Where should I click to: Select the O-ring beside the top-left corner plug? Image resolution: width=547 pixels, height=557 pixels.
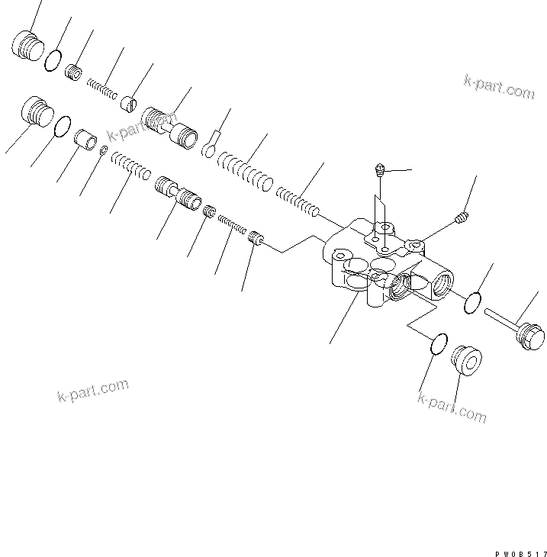point(53,60)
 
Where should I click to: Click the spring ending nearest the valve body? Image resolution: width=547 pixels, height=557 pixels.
point(297,199)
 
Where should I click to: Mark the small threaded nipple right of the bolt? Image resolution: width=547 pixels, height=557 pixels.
point(460,219)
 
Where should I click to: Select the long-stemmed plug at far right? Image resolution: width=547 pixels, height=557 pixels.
point(519,325)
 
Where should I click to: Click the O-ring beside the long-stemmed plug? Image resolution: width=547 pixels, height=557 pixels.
point(473,302)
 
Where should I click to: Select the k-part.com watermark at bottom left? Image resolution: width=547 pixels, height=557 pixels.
point(92,390)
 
